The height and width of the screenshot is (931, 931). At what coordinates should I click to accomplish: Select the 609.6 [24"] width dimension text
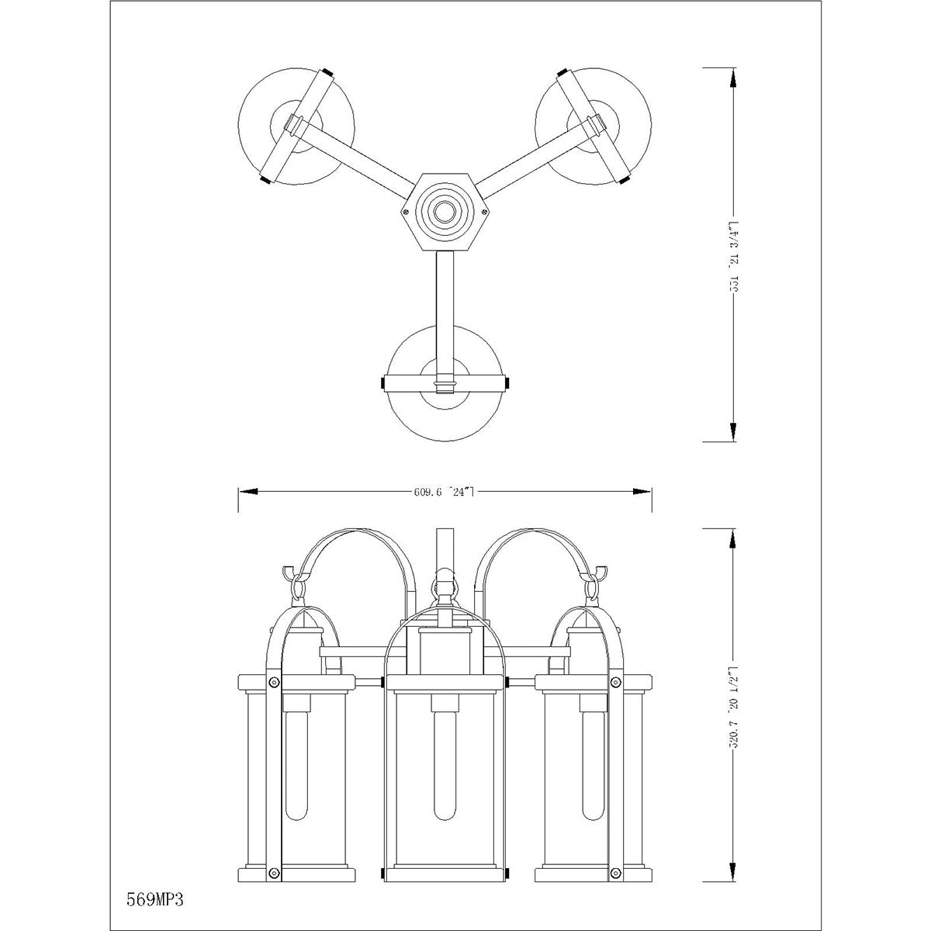(x=444, y=491)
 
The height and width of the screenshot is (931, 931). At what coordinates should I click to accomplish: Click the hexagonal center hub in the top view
(x=445, y=211)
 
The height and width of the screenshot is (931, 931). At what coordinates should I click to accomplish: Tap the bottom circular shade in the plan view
(x=445, y=384)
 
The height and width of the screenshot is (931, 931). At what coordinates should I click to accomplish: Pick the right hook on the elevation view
(x=597, y=575)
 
